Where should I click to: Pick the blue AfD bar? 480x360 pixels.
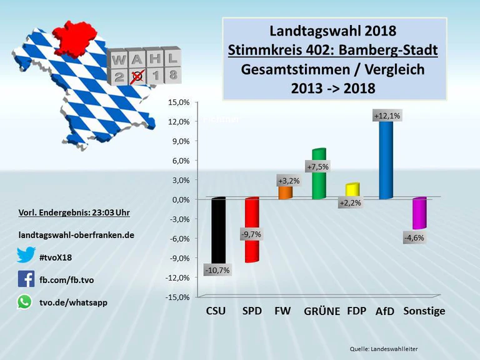tap(386, 159)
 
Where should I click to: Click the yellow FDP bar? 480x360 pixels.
tap(352, 190)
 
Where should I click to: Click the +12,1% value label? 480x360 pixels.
tap(387, 116)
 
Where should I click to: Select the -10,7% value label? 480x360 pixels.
tap(217, 271)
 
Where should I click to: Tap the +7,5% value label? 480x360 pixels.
tap(317, 167)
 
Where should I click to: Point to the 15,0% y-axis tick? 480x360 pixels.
tap(179, 102)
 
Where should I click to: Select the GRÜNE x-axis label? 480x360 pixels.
tap(322, 311)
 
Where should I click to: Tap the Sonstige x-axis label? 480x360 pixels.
tap(424, 311)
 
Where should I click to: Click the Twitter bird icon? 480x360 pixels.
tap(26, 256)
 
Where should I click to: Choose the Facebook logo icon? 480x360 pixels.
tap(26, 279)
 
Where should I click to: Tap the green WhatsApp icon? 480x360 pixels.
tap(25, 302)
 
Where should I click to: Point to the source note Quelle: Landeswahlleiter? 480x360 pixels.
tap(382, 347)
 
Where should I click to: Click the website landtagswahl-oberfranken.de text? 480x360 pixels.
tap(76, 235)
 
